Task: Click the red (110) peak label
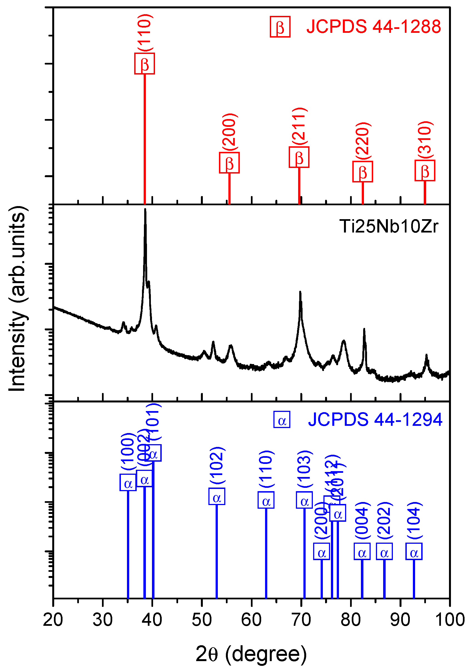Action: click(145, 33)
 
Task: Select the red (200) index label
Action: click(229, 132)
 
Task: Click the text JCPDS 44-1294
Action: click(375, 420)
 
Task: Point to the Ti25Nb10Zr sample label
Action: click(388, 226)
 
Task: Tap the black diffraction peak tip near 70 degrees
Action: click(300, 292)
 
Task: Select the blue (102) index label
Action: click(217, 466)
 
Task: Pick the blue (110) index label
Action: click(266, 469)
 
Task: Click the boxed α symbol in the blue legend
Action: click(281, 420)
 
